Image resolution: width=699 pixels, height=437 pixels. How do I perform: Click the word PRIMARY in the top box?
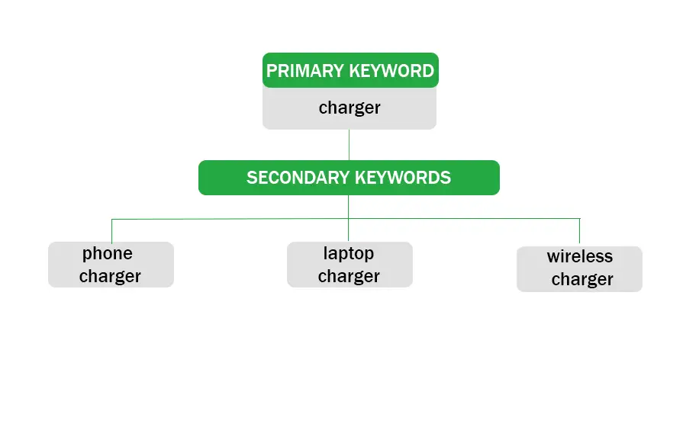305,71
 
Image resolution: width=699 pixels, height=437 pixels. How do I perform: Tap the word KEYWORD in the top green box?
391,71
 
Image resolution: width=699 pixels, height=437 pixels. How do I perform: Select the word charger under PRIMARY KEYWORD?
349,108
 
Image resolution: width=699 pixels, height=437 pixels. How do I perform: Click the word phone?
108,254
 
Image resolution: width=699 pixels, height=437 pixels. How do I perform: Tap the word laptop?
349,254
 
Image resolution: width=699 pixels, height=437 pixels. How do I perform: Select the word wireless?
580,256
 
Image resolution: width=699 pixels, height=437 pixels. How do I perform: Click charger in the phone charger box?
110,277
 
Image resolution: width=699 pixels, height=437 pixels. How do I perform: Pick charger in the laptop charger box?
349,277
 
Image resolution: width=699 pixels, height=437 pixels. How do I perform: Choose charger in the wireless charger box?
582,280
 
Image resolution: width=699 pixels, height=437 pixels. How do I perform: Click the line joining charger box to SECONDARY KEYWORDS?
349,145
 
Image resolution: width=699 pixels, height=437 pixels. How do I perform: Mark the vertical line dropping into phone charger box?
112,231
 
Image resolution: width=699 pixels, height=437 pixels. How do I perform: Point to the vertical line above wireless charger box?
579,232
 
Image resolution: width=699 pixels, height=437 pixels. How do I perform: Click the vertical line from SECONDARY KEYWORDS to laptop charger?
349,218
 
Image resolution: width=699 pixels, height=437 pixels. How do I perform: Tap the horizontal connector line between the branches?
346,219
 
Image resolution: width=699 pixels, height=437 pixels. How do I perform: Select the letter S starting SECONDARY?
251,178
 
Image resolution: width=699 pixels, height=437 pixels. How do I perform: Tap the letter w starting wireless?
553,259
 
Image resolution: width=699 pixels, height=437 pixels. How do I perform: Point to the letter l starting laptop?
325,253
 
